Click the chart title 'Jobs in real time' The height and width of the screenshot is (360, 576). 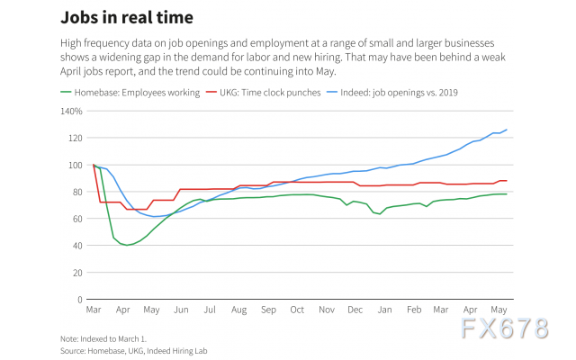tap(126, 17)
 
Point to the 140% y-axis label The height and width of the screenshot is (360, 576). tap(71, 112)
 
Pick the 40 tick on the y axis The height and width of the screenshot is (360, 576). tap(76, 246)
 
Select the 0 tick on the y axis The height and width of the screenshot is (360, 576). tap(78, 299)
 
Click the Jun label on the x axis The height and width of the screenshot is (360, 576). tap(181, 310)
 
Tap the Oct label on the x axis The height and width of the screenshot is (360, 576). tap(298, 310)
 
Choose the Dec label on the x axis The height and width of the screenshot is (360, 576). tap(355, 310)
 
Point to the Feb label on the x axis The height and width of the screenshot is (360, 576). tap(414, 310)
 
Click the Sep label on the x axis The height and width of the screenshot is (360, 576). tap(268, 310)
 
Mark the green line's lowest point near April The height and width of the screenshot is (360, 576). tap(128, 245)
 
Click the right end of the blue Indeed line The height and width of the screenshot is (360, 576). tap(507, 130)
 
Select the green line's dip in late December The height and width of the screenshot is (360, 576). tap(379, 213)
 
